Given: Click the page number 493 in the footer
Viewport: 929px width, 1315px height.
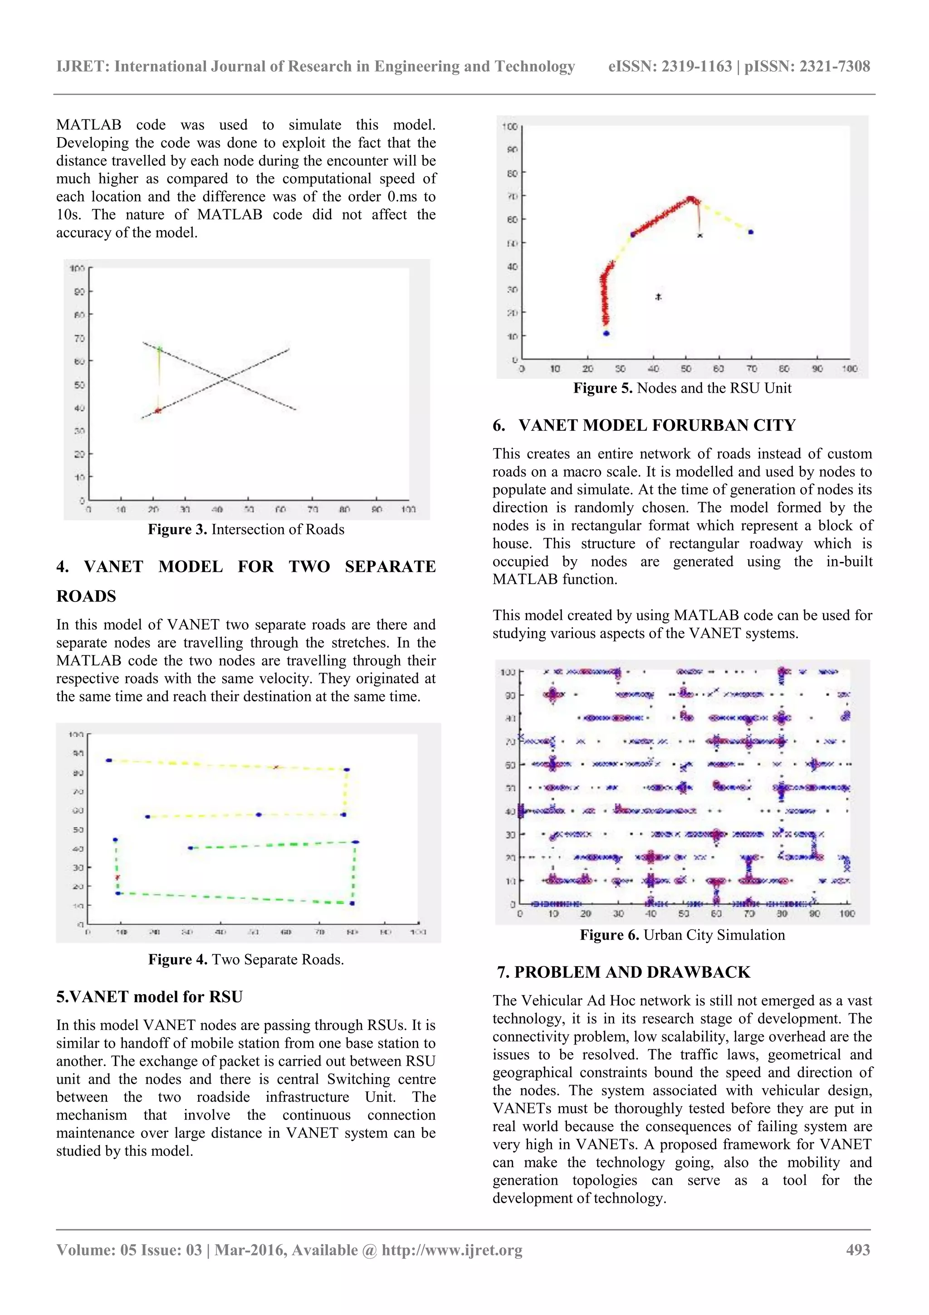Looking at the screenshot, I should click(857, 1250).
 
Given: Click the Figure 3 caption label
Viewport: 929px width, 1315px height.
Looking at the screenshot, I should click(177, 529).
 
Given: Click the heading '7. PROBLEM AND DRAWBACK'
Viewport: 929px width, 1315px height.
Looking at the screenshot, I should click(623, 972).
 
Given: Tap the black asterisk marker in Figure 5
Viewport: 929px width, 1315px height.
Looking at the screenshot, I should click(658, 297).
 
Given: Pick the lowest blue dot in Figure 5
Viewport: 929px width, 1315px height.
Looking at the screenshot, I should click(606, 333).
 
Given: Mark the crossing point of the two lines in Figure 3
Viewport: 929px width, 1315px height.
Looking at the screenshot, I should click(225, 379).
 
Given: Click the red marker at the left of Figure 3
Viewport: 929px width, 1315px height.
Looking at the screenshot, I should click(158, 410).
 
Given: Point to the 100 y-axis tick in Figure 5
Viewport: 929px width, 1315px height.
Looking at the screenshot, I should click(509, 127).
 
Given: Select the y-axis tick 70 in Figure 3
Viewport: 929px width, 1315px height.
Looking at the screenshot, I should click(78, 339).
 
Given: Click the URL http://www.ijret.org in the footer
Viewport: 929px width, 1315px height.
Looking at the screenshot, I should click(452, 1250).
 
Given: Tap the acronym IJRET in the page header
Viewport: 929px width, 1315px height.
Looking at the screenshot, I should click(83, 66).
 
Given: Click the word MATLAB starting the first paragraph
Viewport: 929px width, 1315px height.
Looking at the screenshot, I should click(89, 125).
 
